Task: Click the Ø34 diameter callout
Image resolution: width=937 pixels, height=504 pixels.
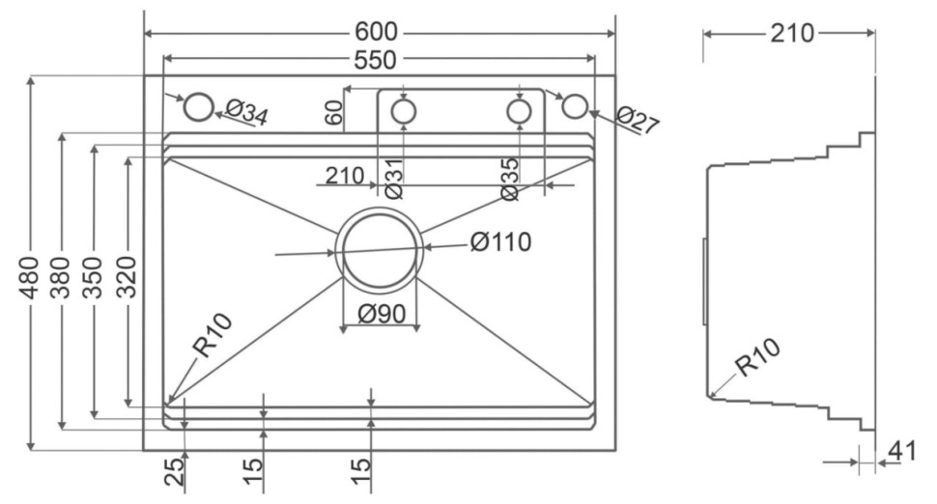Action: tap(246, 112)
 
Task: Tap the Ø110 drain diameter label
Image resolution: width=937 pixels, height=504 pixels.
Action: tap(500, 241)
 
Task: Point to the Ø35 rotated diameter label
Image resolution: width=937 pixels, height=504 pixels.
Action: tap(511, 178)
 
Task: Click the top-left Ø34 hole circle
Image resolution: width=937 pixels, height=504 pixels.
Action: tap(198, 106)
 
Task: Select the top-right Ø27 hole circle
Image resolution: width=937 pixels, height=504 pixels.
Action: tap(574, 105)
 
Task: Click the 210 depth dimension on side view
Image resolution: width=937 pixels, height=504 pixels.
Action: tap(792, 34)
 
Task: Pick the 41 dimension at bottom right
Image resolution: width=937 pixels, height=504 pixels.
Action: tap(901, 450)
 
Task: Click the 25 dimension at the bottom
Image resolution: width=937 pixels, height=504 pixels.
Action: tap(174, 471)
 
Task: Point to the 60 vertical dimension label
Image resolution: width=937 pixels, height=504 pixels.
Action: tap(334, 112)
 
